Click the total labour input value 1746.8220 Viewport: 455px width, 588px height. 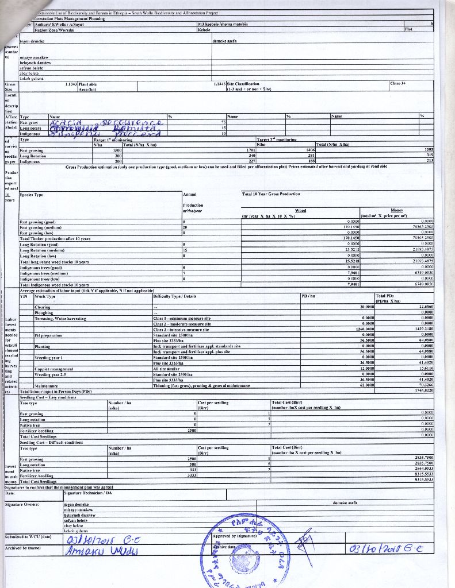pos(422,390)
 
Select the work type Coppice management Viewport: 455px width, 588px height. pos(55,368)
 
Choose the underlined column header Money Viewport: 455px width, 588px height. pos(397,211)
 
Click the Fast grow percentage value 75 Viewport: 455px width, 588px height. pos(223,122)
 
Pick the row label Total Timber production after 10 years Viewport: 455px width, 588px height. pos(55,238)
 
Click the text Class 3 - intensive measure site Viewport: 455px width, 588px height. pos(182,328)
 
